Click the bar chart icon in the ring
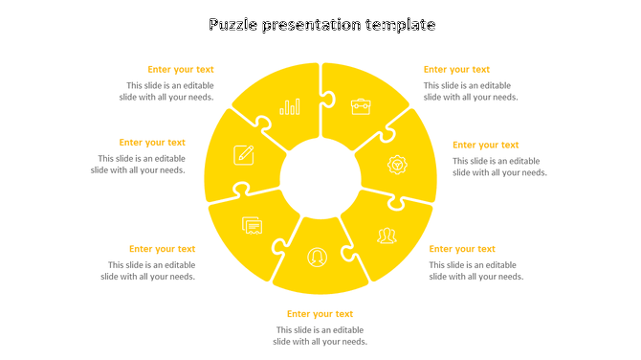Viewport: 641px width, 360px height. point(290,107)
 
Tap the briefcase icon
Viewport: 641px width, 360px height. point(361,106)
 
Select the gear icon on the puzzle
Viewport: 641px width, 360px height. point(397,165)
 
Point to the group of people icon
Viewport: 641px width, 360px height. point(387,236)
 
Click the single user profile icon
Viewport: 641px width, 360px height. point(317,257)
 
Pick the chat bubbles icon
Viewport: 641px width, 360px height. point(253,226)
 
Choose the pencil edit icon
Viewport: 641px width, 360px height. point(244,154)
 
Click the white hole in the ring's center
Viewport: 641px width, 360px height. point(320,178)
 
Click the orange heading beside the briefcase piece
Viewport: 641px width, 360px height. point(456,69)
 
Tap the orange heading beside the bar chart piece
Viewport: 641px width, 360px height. point(181,69)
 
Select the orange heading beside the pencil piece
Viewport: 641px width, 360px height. point(152,143)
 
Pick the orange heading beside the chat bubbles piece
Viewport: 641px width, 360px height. point(162,249)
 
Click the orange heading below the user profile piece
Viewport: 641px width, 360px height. point(320,314)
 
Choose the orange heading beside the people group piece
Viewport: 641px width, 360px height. point(462,249)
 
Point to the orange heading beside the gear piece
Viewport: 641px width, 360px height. point(486,146)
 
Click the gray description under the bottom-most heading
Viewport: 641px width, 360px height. point(320,336)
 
